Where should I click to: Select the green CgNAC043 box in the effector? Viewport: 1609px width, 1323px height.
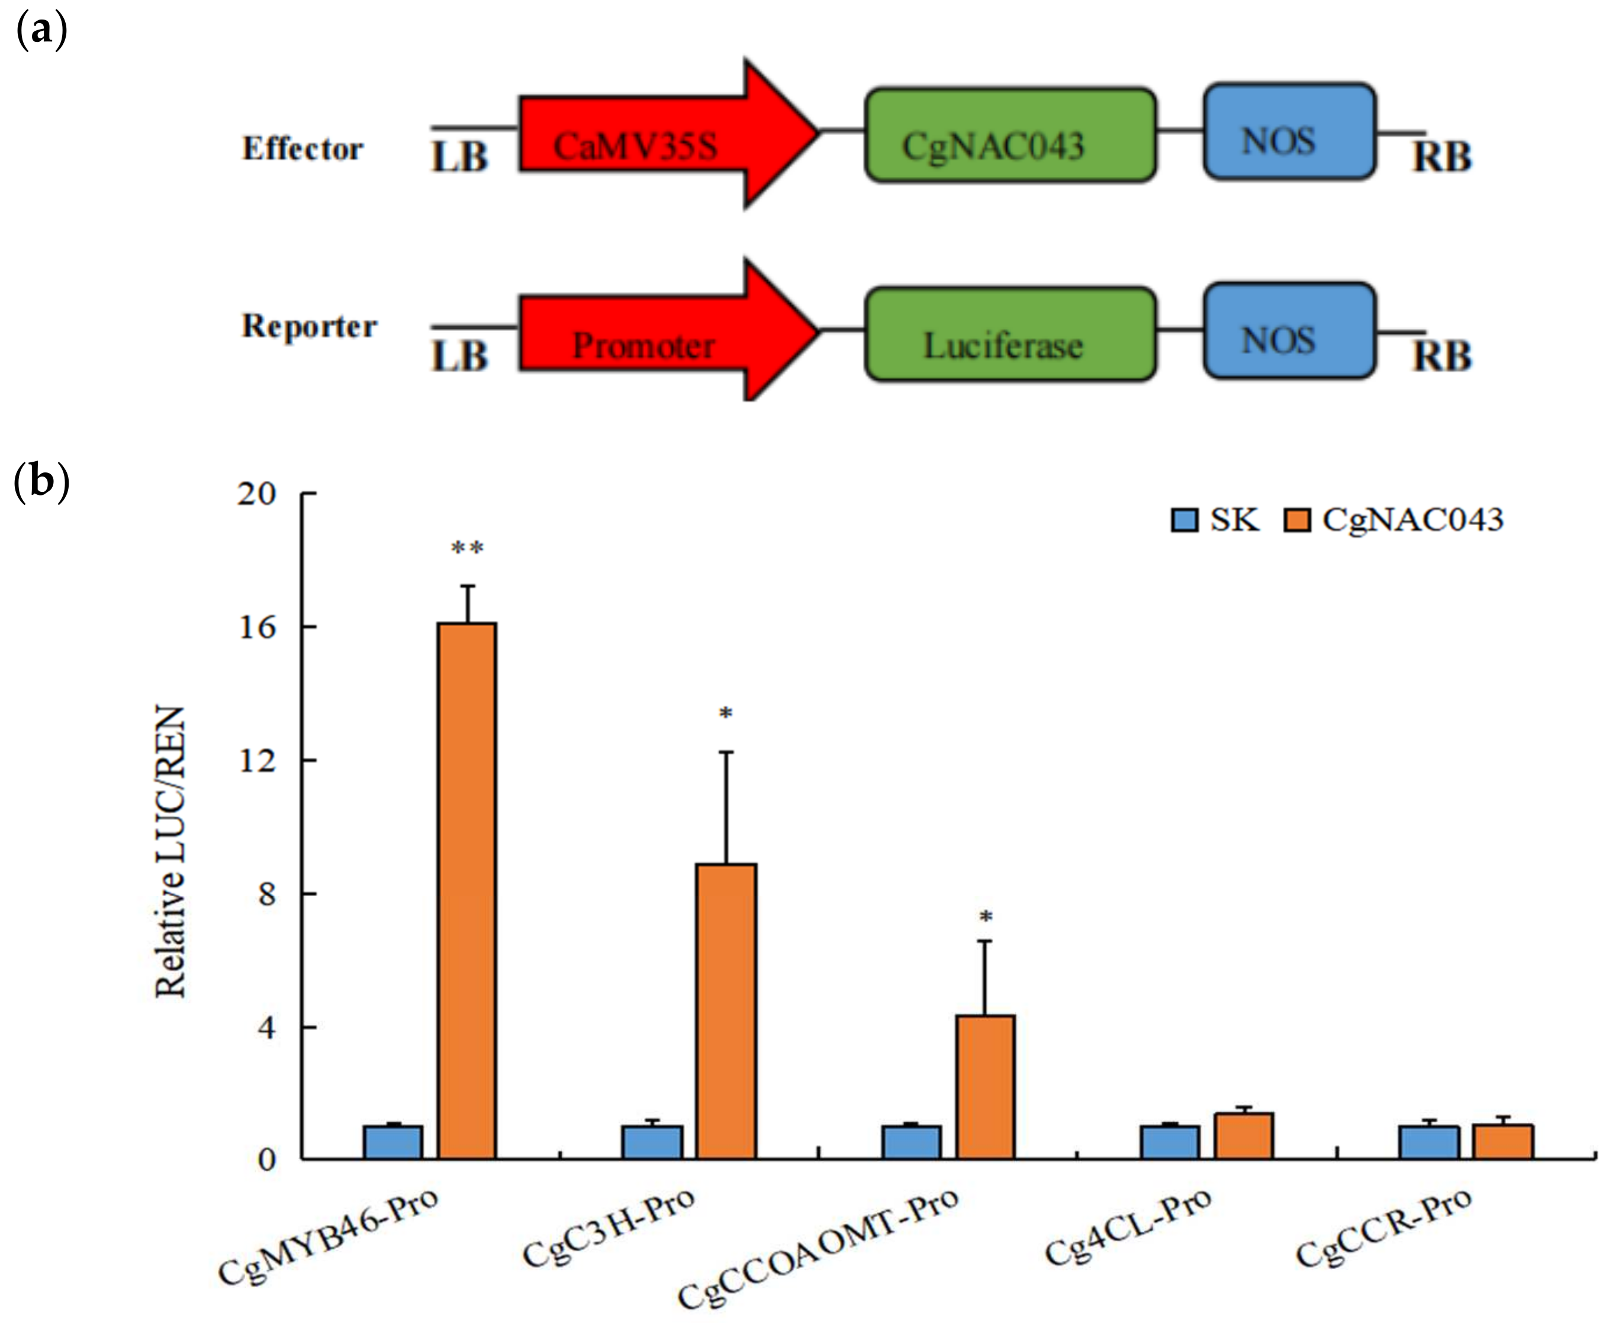tap(1009, 136)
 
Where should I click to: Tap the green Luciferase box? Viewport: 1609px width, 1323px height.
tap(1009, 335)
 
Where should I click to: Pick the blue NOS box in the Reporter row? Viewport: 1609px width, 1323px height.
tap(1289, 331)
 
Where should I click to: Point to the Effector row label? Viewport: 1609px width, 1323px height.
tap(303, 149)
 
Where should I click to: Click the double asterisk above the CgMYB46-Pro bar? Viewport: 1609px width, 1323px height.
tap(466, 547)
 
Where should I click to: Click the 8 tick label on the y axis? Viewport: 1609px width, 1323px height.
tap(267, 894)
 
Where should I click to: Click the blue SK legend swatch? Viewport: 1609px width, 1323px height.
tap(1185, 520)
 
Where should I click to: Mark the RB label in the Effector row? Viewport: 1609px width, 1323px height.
tap(1441, 157)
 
